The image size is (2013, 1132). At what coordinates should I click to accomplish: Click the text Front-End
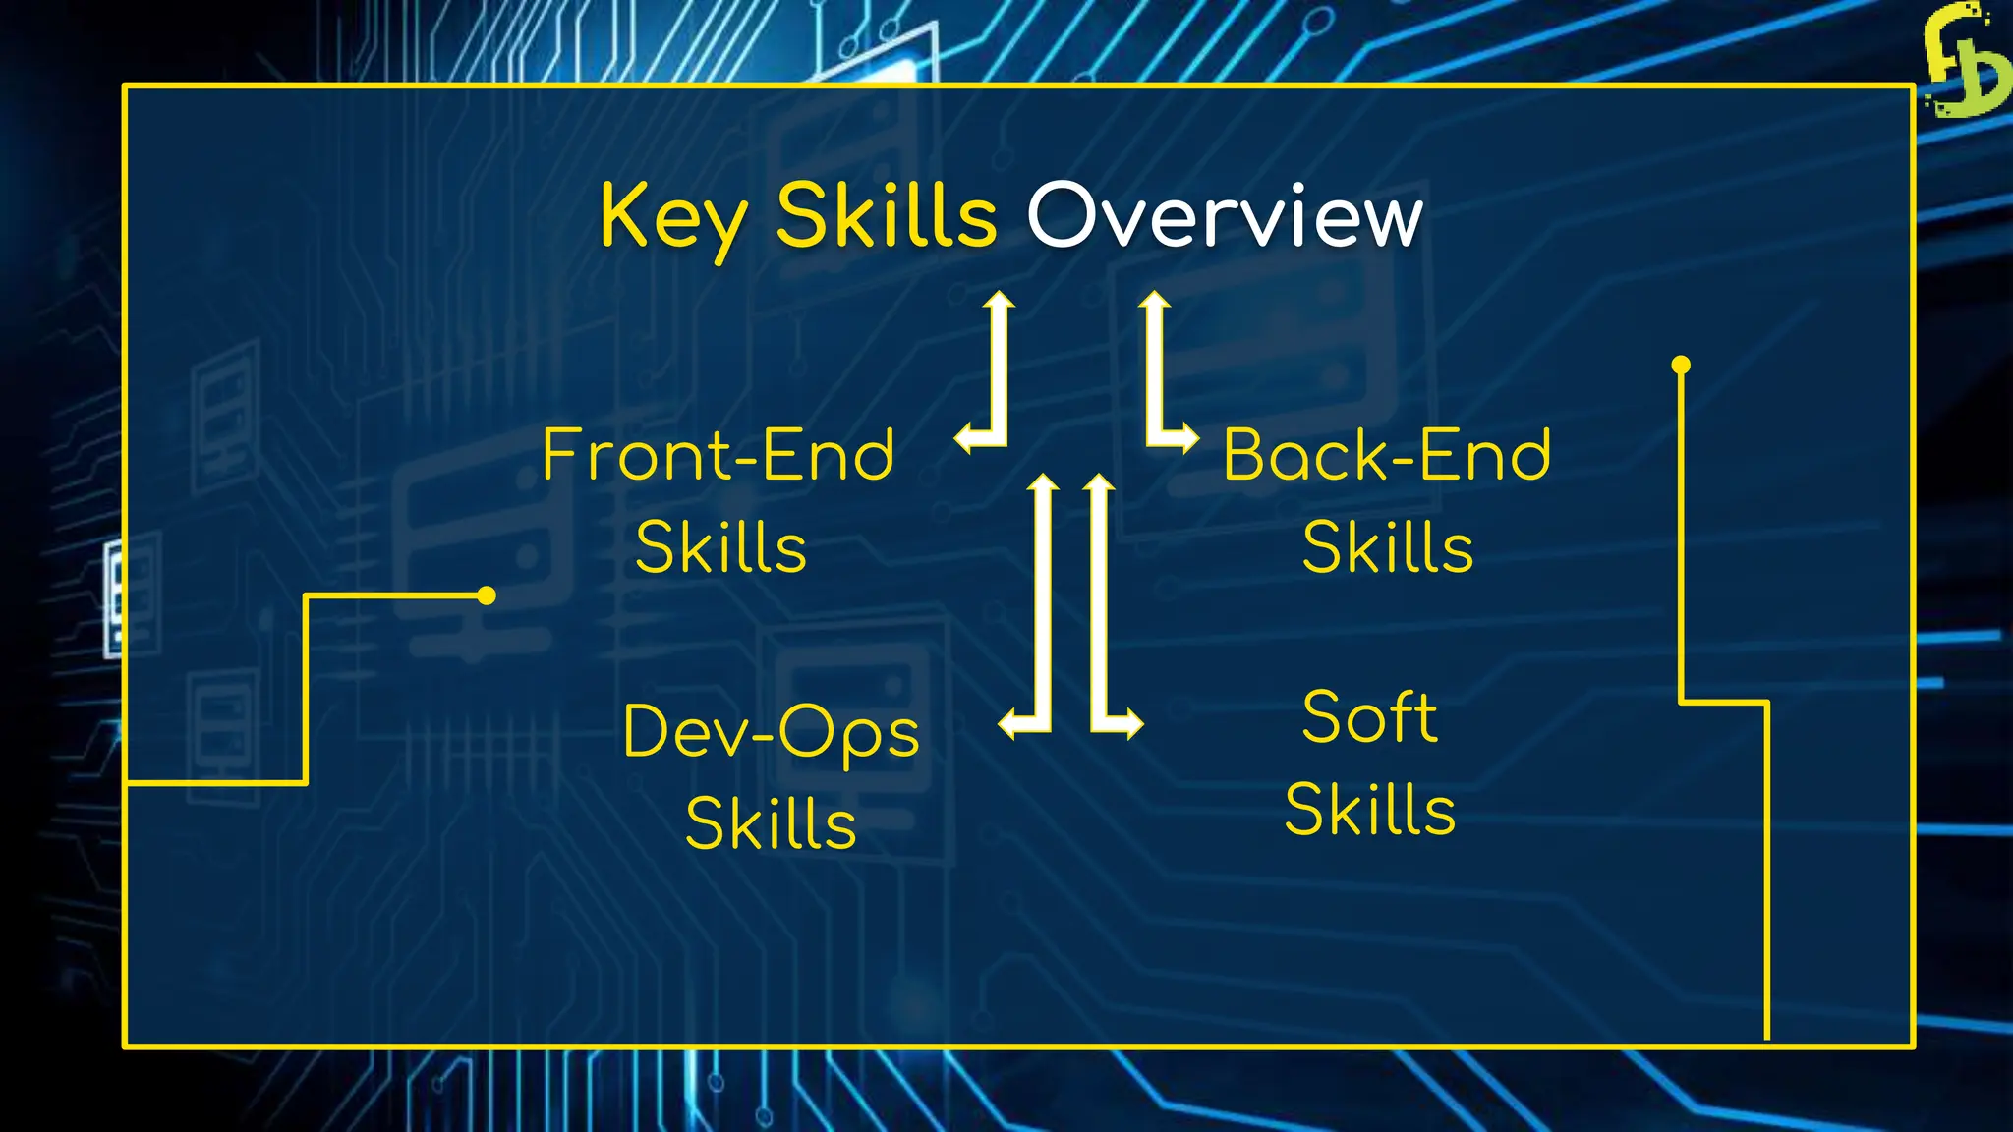(719, 456)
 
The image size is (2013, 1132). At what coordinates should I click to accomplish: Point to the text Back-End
(1387, 456)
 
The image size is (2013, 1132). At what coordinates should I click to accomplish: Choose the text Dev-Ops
(771, 733)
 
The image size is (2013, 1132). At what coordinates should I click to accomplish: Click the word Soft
(1369, 717)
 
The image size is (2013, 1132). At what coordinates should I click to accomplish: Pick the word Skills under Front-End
(720, 547)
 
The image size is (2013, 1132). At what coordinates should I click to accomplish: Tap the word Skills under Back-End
(1387, 547)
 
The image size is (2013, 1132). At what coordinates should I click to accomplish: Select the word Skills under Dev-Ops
(771, 823)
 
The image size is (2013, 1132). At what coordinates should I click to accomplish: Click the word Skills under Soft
(1369, 810)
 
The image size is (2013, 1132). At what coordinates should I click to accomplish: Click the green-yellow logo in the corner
(1965, 61)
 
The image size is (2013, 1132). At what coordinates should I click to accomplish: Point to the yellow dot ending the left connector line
(487, 595)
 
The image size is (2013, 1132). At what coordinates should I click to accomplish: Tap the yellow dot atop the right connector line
(1681, 366)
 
